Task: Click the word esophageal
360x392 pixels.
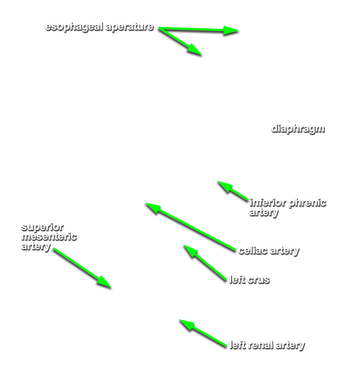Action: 74,27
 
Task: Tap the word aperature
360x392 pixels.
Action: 130,27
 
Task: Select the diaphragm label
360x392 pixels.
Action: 298,129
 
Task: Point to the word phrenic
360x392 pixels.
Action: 307,203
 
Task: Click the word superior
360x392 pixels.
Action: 43,227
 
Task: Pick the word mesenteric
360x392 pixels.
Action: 49,237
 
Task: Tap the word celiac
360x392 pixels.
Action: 253,250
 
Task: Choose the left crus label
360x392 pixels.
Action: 249,280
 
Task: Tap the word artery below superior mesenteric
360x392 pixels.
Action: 36,247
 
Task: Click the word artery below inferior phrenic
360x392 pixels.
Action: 264,213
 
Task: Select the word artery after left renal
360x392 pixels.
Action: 291,345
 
